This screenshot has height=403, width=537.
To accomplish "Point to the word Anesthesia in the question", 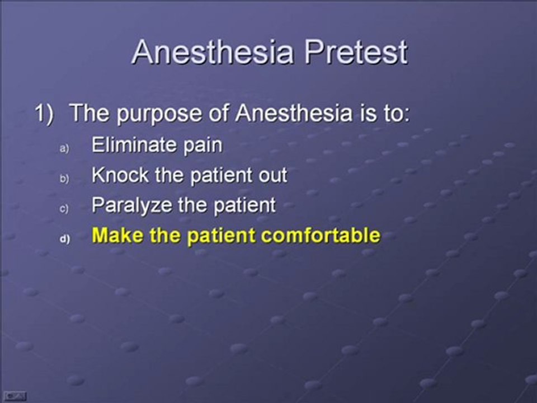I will tap(291, 114).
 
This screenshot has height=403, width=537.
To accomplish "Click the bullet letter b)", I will tap(64, 179).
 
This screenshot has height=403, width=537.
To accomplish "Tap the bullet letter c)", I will tap(64, 209).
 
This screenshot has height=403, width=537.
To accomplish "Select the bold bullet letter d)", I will tap(64, 238).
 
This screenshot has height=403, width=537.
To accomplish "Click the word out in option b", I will tap(272, 175).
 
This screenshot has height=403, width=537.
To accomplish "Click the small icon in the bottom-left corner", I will tap(13, 395).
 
